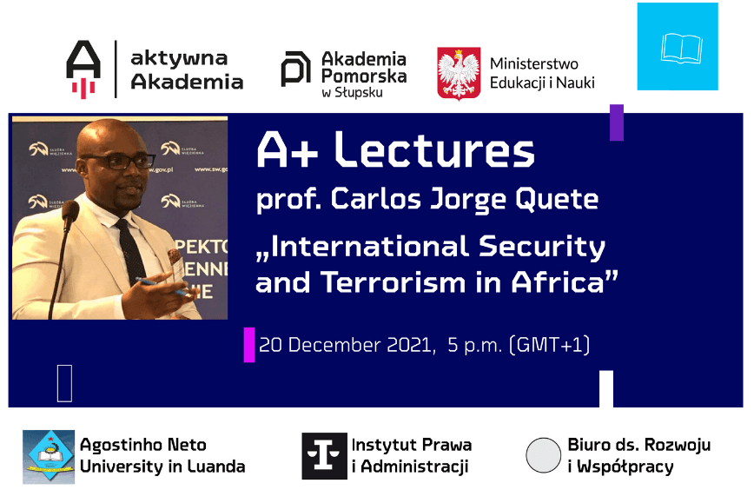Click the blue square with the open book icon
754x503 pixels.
point(678,46)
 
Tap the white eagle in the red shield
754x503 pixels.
point(459,74)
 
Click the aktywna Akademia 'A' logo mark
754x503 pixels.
point(83,69)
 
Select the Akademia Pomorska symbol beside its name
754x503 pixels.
point(295,69)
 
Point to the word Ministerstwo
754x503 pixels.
point(533,63)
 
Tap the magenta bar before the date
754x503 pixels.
point(249,345)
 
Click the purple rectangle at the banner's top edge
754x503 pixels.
point(617,122)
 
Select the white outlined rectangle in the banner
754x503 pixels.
point(64,383)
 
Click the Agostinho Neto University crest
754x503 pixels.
point(49,456)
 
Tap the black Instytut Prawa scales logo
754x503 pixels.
point(324,456)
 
